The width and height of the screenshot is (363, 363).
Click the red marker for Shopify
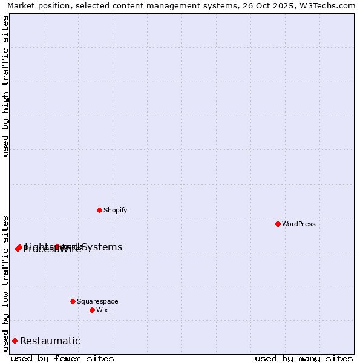(x=99, y=210)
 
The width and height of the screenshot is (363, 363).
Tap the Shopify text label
(x=115, y=210)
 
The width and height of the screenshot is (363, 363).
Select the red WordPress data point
(x=278, y=224)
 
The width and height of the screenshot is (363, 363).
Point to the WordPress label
(x=299, y=224)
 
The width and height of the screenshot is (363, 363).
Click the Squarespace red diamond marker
(x=73, y=301)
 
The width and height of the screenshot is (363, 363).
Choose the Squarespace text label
(x=97, y=301)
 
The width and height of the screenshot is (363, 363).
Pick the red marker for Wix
(x=92, y=310)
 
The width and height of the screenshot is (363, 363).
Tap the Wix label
(x=102, y=310)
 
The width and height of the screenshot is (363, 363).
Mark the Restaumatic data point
(x=15, y=341)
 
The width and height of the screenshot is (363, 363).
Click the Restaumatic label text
(x=50, y=341)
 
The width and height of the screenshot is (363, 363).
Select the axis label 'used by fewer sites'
(x=62, y=358)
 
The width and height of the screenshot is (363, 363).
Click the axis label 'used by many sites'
(x=304, y=358)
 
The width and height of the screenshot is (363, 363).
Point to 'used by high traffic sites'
(x=5, y=86)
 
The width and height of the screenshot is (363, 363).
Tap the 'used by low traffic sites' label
(x=5, y=283)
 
